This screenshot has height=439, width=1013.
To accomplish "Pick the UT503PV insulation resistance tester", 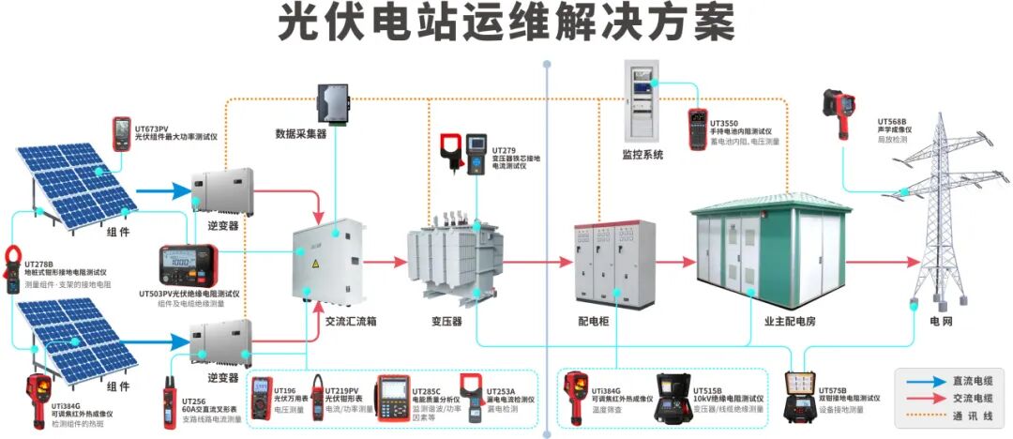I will tap(189, 265).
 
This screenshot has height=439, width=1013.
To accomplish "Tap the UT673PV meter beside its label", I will tap(122, 134).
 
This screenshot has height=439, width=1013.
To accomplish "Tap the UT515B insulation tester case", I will tap(672, 399).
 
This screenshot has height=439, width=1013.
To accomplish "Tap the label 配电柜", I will tap(594, 321).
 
